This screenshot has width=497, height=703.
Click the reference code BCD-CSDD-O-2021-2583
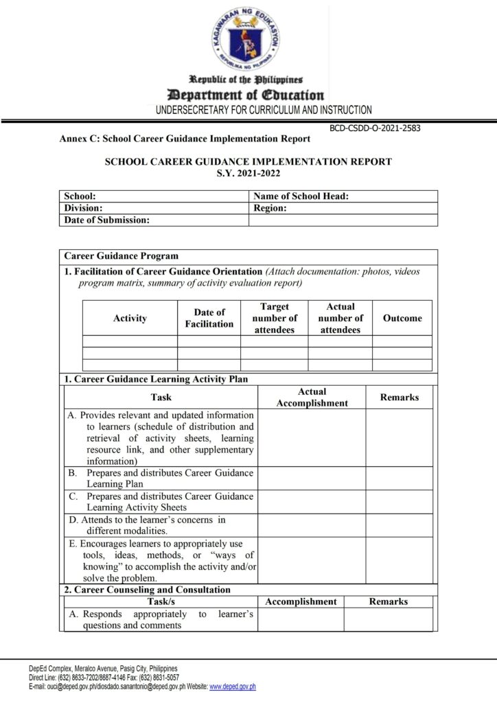(x=375, y=128)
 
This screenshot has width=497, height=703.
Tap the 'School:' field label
(x=80, y=196)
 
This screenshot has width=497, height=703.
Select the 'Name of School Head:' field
(x=301, y=196)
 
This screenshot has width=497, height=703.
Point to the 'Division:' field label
(x=83, y=208)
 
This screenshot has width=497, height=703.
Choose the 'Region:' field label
(x=270, y=208)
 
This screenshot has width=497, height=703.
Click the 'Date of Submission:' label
(x=106, y=220)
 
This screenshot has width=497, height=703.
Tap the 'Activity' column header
(x=130, y=319)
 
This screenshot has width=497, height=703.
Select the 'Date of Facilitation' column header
(x=209, y=319)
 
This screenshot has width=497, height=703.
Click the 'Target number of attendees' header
(x=275, y=319)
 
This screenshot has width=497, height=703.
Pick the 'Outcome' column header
(x=402, y=319)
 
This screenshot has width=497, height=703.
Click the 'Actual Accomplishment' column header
(x=312, y=397)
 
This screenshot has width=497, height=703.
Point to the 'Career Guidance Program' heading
(x=121, y=256)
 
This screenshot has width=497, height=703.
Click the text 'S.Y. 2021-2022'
(x=248, y=174)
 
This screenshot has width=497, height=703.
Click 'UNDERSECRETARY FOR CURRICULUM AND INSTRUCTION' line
(x=264, y=110)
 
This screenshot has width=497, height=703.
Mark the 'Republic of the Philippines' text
(x=246, y=80)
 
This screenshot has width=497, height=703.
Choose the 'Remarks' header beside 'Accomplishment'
(x=388, y=601)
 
